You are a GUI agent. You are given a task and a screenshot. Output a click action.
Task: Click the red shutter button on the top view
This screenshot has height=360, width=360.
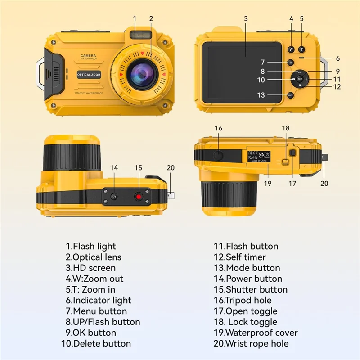pyautogui.click(x=139, y=197)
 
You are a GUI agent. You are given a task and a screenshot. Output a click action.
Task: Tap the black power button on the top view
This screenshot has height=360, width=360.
pyautogui.click(x=114, y=197)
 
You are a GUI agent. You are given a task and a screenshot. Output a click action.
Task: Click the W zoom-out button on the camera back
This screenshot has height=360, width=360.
pyautogui.click(x=291, y=49)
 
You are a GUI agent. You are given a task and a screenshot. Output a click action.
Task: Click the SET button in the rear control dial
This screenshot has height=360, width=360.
pyautogui.click(x=300, y=78)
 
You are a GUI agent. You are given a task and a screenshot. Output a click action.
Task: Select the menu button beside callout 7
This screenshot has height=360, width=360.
pyautogui.click(x=291, y=62)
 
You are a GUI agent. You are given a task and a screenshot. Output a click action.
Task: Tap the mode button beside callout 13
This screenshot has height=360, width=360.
pyautogui.click(x=291, y=95)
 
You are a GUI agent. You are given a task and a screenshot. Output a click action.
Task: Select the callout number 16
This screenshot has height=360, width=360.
pyautogui.click(x=219, y=128)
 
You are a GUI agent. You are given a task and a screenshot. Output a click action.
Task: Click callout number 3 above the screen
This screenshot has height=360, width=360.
pyautogui.click(x=246, y=18)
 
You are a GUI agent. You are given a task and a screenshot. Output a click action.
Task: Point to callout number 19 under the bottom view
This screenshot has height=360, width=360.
pyautogui.click(x=268, y=183)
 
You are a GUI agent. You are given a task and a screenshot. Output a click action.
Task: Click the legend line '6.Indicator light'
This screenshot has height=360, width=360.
pyautogui.click(x=99, y=300)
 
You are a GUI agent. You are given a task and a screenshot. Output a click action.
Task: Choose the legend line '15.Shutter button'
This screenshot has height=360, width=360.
pyautogui.click(x=250, y=289)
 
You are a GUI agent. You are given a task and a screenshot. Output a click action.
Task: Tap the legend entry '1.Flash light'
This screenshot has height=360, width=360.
pyautogui.click(x=91, y=246)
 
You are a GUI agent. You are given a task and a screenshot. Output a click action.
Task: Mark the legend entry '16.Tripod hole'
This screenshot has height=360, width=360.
pyautogui.click(x=243, y=300)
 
